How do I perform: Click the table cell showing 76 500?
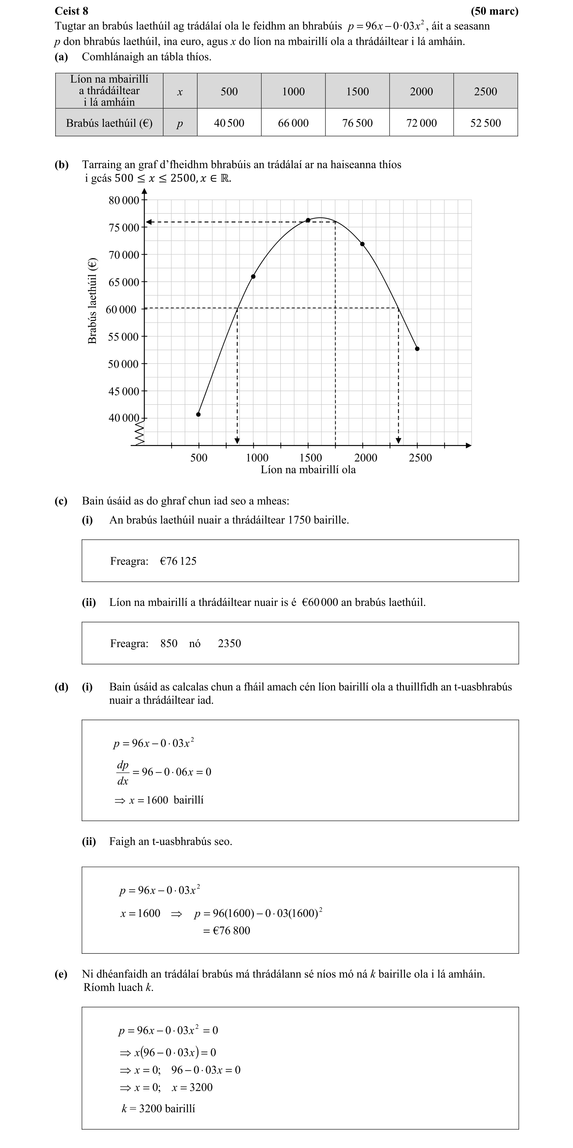357,123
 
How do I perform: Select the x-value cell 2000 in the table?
421,91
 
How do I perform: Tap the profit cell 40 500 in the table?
229,123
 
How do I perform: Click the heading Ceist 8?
71,11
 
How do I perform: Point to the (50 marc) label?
495,11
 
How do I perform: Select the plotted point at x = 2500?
417,349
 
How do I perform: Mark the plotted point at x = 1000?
253,276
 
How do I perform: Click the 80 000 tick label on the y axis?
124,200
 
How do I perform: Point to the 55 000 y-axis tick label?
124,337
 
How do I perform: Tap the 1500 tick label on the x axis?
310,458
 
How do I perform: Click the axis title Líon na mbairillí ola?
308,470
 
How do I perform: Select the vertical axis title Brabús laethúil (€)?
92,301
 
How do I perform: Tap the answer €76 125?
178,561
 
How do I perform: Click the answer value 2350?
229,644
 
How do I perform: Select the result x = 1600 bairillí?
159,800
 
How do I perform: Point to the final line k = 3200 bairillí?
159,1108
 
